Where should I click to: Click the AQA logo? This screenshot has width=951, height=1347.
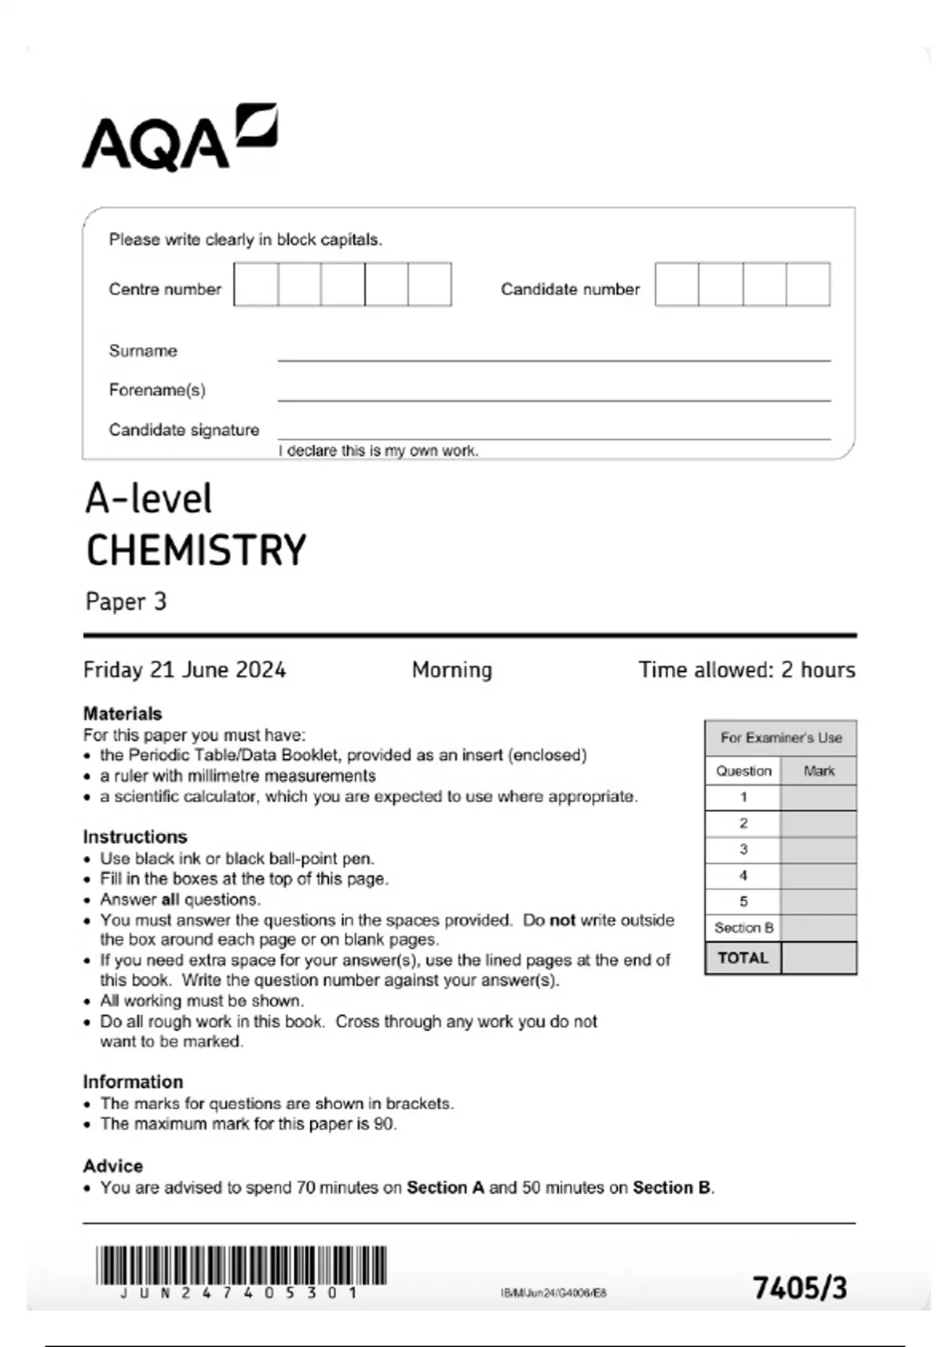(179, 138)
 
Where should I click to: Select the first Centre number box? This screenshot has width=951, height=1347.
(256, 284)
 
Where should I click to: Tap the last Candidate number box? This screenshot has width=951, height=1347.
(808, 284)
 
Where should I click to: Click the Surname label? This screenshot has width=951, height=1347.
(143, 351)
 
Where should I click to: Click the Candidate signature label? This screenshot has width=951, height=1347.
(184, 430)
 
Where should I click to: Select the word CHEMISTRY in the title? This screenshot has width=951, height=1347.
(196, 551)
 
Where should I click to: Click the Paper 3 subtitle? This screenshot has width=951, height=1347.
(125, 601)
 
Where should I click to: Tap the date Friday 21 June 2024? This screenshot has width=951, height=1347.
(184, 670)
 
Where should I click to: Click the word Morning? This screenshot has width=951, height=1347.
(452, 670)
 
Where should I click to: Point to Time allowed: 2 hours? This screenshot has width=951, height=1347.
(747, 670)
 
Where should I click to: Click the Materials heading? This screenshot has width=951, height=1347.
(122, 713)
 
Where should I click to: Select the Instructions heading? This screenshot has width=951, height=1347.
(135, 837)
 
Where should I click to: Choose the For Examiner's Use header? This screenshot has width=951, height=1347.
(781, 738)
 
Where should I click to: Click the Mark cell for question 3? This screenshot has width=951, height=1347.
(818, 849)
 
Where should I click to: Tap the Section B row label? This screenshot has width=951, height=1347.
(743, 928)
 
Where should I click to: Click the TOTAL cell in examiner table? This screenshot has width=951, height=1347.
(743, 958)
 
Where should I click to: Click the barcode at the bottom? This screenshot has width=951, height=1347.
(241, 1265)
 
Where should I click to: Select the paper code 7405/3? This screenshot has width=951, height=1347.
(800, 1288)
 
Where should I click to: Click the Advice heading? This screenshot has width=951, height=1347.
(113, 1166)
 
